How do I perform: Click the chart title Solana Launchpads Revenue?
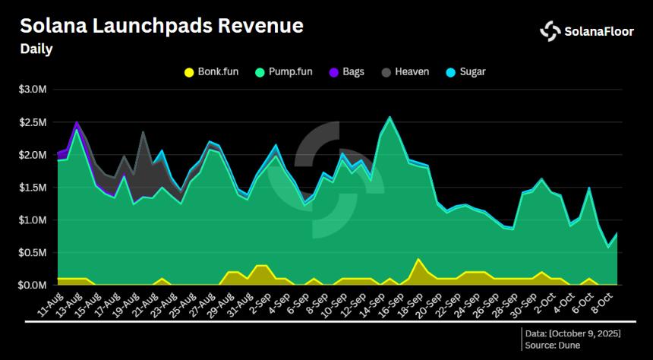(161, 25)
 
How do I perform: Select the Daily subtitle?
(36, 49)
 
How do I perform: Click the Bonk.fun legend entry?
(212, 72)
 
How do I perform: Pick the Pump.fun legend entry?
(282, 72)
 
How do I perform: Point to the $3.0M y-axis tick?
(33, 90)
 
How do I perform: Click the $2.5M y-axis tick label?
(33, 122)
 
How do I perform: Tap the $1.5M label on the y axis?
(33, 188)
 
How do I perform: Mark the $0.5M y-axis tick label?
(33, 253)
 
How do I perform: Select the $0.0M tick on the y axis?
(33, 286)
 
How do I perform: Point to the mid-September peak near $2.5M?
(390, 118)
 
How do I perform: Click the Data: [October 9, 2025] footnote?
(573, 334)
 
